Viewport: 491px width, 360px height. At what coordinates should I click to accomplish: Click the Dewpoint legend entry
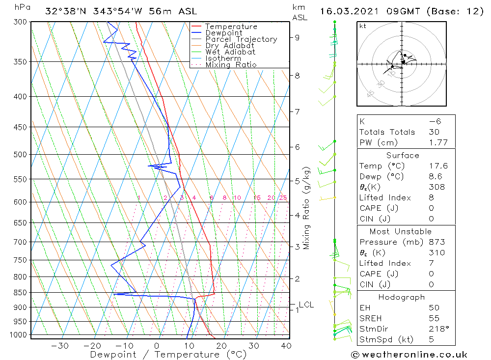(x=223, y=33)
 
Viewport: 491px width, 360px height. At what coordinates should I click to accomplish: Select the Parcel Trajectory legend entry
(x=241, y=39)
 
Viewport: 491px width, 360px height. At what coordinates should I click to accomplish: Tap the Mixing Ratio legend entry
(x=231, y=65)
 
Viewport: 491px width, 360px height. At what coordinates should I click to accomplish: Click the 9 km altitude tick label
(x=297, y=37)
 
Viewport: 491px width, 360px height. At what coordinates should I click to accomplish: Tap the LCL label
(x=306, y=305)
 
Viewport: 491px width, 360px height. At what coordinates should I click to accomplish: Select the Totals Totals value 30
(x=434, y=132)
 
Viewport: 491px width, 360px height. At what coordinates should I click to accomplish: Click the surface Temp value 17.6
(x=438, y=166)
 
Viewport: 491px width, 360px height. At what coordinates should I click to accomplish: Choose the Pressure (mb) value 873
(x=436, y=242)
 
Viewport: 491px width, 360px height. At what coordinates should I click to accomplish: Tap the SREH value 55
(x=434, y=318)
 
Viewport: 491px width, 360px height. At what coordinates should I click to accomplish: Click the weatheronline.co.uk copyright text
(x=409, y=355)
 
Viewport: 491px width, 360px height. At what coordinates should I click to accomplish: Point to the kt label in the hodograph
(x=363, y=26)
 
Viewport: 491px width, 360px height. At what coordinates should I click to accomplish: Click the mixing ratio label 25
(x=283, y=198)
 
